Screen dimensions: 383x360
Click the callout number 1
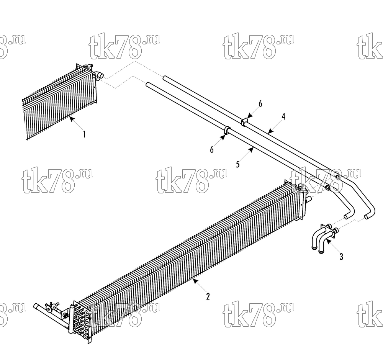(84, 134)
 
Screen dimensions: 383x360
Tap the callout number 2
(208, 296)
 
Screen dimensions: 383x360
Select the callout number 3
(341, 257)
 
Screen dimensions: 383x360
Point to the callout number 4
(283, 117)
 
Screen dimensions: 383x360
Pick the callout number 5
(238, 164)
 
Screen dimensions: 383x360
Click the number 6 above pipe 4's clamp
(260, 104)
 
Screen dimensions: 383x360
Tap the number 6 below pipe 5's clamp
(211, 149)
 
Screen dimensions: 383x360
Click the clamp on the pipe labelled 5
(227, 131)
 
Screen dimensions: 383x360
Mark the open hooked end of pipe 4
(367, 216)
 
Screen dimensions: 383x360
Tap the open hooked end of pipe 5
(347, 216)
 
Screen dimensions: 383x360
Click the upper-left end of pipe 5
(148, 84)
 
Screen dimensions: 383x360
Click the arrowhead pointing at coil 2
(195, 281)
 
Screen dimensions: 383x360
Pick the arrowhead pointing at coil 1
(71, 119)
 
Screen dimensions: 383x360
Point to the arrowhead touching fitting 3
(328, 241)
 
